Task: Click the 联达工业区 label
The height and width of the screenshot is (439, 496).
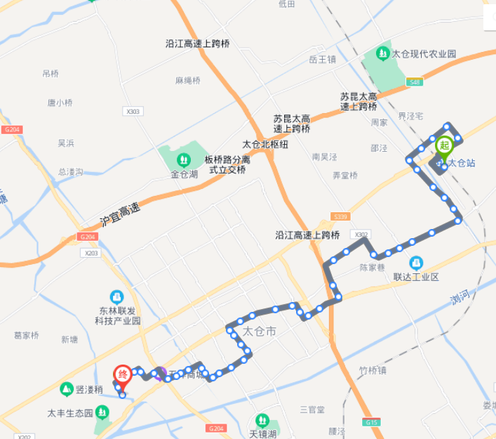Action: click(x=415, y=277)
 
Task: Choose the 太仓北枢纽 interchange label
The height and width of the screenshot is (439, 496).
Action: click(x=265, y=144)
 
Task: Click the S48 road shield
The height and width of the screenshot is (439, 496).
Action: click(x=415, y=83)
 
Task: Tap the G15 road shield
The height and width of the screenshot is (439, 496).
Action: click(x=370, y=423)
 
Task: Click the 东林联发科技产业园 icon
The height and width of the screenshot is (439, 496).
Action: click(x=117, y=297)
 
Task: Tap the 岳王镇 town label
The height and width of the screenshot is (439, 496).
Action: click(x=323, y=59)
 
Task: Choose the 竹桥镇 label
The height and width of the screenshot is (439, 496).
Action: click(x=372, y=371)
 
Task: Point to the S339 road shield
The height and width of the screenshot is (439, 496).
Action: click(x=341, y=217)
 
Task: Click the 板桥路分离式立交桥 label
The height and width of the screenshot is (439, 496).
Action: click(x=226, y=164)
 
